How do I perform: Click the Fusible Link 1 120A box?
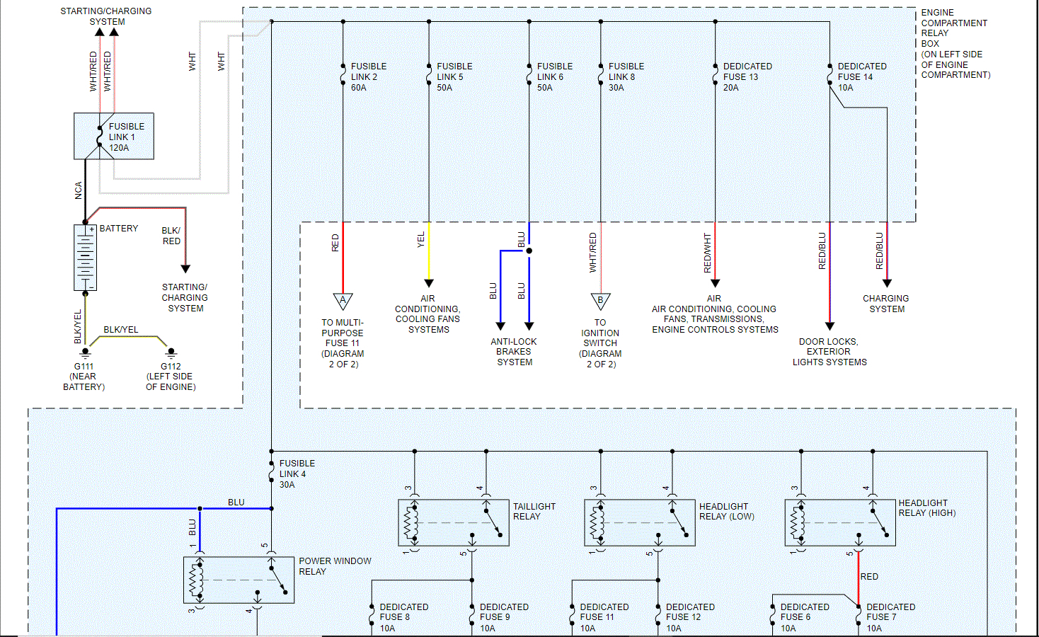(x=114, y=137)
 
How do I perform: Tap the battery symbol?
(x=85, y=258)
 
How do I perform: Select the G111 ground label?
(x=84, y=367)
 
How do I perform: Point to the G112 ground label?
(x=171, y=367)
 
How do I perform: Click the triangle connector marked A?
(x=343, y=302)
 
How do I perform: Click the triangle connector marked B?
(x=600, y=302)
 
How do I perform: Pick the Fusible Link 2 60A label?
(x=368, y=76)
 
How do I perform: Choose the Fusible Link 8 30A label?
(x=626, y=76)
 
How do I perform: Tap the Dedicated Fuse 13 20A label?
(x=747, y=76)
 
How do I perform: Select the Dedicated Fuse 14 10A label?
(x=861, y=76)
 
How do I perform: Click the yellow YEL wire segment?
(x=429, y=251)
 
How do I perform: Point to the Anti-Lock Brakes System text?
(x=514, y=352)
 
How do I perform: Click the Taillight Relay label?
(x=534, y=511)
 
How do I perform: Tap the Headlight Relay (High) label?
(x=926, y=507)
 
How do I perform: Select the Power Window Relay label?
(x=334, y=566)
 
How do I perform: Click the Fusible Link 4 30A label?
(x=297, y=474)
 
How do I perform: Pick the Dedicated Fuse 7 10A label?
(x=890, y=617)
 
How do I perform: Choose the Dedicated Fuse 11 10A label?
(x=604, y=617)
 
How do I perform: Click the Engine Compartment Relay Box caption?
(x=954, y=43)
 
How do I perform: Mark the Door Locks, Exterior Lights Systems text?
(x=829, y=352)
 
